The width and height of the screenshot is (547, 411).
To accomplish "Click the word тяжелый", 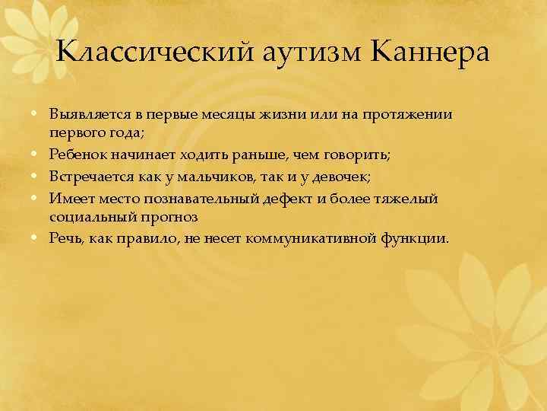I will tap(406, 198).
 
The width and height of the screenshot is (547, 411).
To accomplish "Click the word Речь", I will tap(64, 238).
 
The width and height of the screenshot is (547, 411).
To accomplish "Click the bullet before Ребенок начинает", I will tap(37, 155).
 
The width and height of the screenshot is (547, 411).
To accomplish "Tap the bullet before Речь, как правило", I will tap(37, 238).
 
